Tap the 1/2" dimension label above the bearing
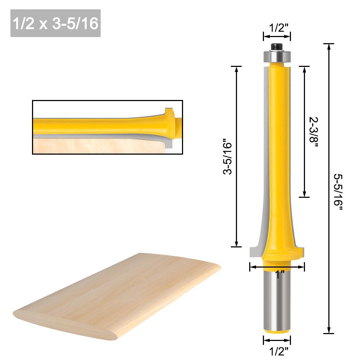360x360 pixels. [277, 28]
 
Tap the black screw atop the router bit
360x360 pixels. [277, 46]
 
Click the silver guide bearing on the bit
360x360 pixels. [277, 56]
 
